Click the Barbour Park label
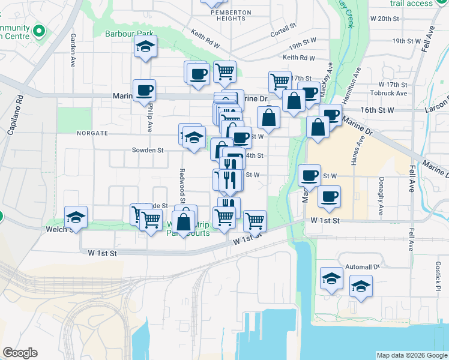(130, 34)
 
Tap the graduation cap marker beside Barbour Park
(145, 47)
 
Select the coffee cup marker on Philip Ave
(144, 91)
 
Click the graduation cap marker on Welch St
(76, 217)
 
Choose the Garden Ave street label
(72, 45)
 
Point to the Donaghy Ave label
(381, 196)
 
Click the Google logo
(19, 353)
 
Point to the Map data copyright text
(411, 355)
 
